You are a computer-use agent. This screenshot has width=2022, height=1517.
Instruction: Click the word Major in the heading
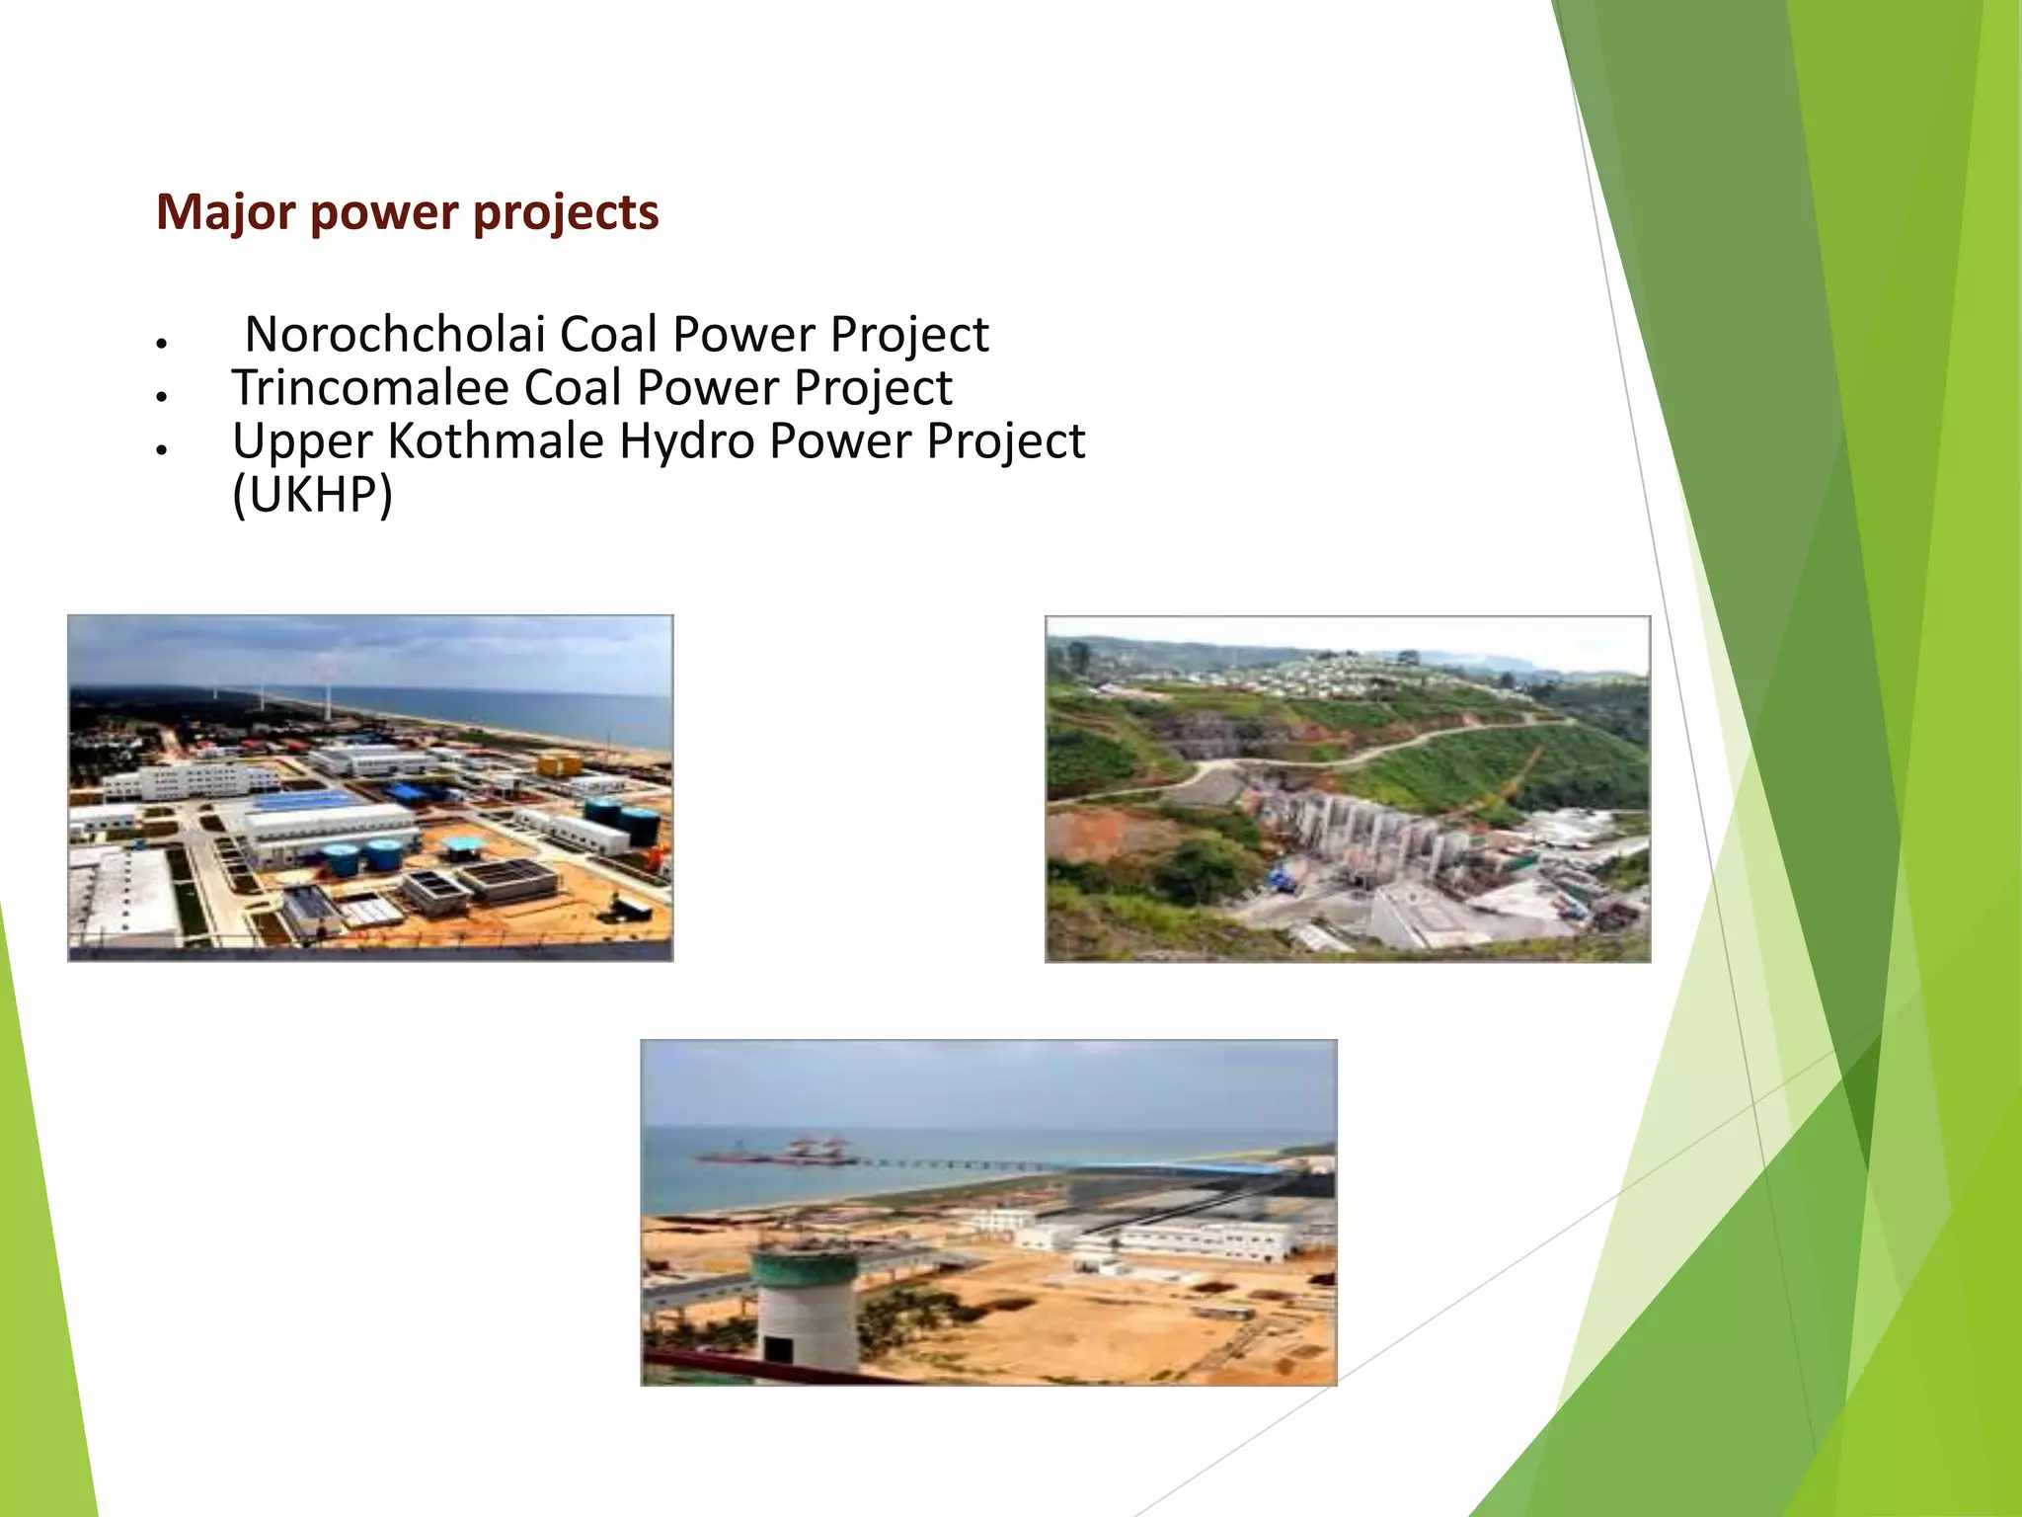[225, 213]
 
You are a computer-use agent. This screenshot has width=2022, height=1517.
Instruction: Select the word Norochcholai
[395, 334]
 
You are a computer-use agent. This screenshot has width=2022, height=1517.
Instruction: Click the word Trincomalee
[371, 387]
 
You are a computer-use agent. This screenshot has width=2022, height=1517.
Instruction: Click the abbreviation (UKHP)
[312, 494]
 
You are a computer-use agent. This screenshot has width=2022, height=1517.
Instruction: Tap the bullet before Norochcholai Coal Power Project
[160, 343]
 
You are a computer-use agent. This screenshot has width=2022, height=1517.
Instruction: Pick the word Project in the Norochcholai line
[908, 334]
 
